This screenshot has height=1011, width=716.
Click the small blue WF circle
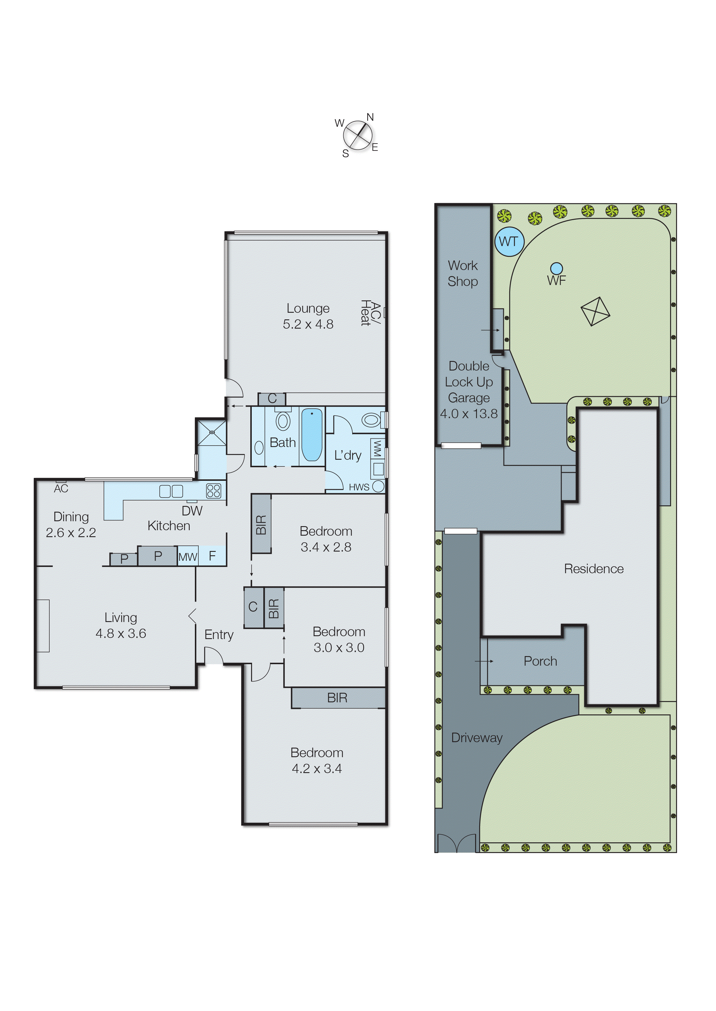[x=556, y=268]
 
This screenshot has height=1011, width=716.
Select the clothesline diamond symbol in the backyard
[x=595, y=311]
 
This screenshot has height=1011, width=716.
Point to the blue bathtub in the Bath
[x=312, y=434]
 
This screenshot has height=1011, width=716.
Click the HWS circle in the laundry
[x=378, y=486]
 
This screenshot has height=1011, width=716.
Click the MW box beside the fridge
[x=188, y=556]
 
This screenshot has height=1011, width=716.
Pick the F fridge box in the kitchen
[x=212, y=556]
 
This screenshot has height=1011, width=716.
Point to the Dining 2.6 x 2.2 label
[x=71, y=525]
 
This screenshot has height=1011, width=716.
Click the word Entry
[x=219, y=634]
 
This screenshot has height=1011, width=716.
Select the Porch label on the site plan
[x=540, y=661]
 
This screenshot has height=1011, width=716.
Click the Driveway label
[x=477, y=738]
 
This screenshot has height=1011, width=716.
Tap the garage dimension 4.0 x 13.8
[x=469, y=414]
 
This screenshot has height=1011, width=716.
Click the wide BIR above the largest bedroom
[x=337, y=697]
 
